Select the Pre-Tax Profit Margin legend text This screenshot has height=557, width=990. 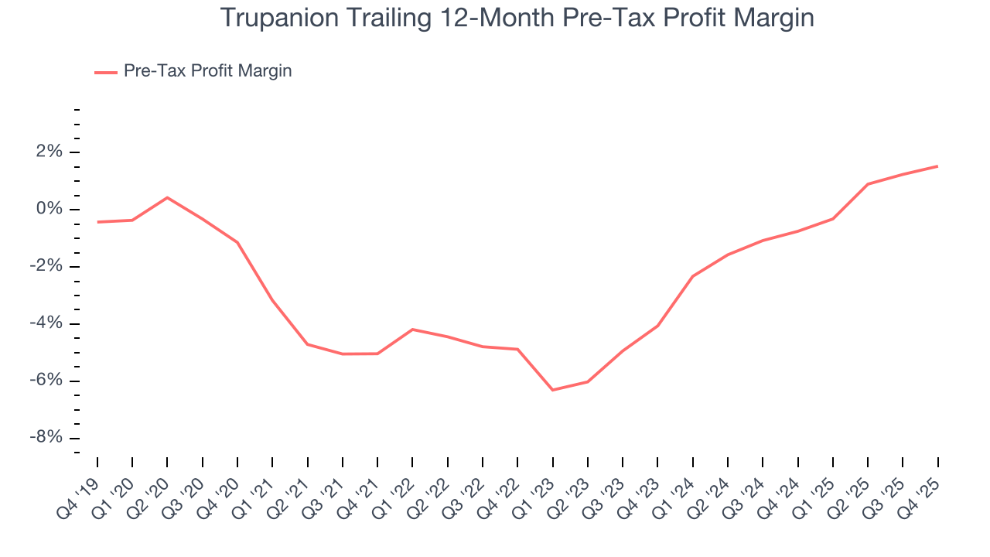(x=207, y=71)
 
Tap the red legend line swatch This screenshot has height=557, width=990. (x=106, y=72)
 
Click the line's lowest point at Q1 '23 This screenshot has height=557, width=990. (x=552, y=390)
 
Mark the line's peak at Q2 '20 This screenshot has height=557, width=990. (x=167, y=197)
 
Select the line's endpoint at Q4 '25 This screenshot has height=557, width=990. (x=937, y=166)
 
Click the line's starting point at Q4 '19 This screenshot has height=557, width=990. (x=97, y=222)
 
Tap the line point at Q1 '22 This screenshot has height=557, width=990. (x=412, y=330)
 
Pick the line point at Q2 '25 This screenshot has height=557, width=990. (x=868, y=184)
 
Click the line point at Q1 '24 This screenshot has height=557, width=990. (x=692, y=276)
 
